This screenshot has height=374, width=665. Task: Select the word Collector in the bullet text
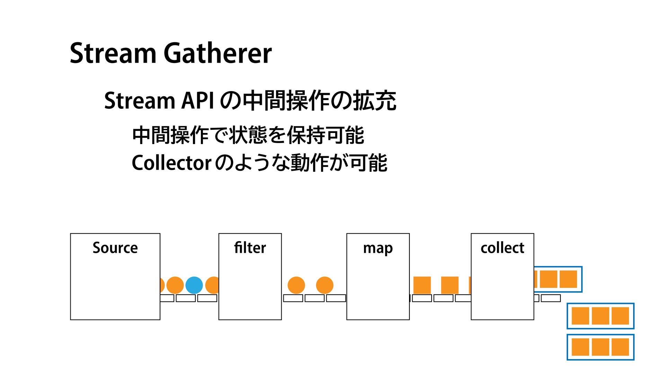tap(171, 163)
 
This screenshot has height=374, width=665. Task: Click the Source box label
tap(115, 248)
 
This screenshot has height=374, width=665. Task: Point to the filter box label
tap(250, 248)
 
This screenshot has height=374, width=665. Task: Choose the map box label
tap(378, 248)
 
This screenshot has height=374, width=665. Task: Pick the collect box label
tap(502, 248)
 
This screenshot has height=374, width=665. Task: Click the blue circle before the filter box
tap(194, 285)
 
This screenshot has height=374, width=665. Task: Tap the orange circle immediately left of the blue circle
tap(175, 285)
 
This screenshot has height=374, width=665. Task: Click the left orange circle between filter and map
tap(296, 285)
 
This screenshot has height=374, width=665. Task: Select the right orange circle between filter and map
tap(325, 285)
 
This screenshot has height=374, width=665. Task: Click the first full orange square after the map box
tap(422, 285)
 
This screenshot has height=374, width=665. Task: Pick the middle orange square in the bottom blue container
tap(600, 347)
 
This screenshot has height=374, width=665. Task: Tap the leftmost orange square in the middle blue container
tap(580, 316)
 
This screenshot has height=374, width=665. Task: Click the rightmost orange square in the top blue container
tap(568, 279)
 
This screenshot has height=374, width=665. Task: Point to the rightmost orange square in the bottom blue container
tap(620, 347)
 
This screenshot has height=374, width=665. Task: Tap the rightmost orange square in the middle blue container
tap(620, 316)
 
